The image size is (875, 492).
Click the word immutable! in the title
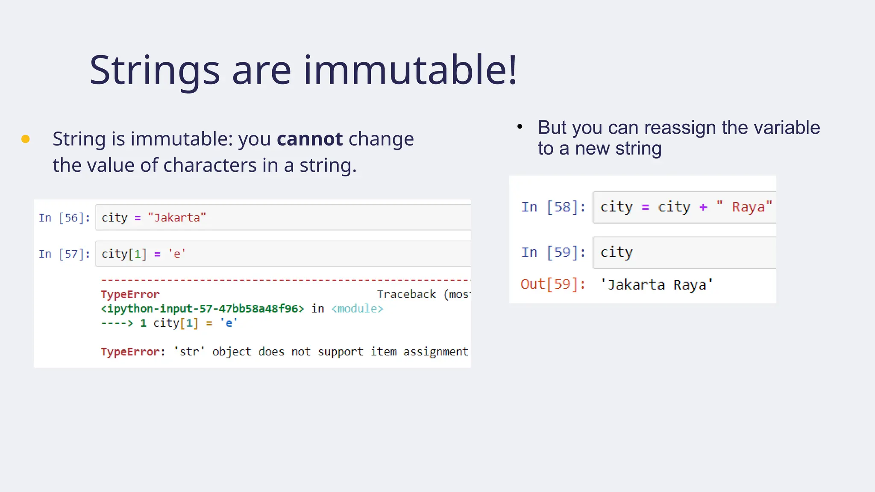click(410, 70)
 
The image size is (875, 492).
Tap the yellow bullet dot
click(26, 139)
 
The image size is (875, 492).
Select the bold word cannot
click(310, 139)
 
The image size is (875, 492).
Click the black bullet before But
click(520, 126)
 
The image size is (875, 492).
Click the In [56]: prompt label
click(64, 218)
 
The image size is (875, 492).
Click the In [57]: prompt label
click(64, 254)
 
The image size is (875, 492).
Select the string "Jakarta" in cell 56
click(176, 218)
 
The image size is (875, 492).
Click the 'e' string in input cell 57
click(176, 254)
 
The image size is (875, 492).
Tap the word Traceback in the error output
click(406, 294)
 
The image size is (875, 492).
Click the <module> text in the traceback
click(357, 309)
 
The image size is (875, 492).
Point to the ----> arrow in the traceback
click(117, 323)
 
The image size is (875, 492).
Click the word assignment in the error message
click(435, 352)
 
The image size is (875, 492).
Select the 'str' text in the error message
click(189, 352)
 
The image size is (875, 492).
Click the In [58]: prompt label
click(553, 207)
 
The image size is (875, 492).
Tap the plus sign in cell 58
click(703, 207)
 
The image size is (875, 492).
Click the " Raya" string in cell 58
click(744, 207)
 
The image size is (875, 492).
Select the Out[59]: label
click(553, 284)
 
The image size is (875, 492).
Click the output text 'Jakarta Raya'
click(656, 285)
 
